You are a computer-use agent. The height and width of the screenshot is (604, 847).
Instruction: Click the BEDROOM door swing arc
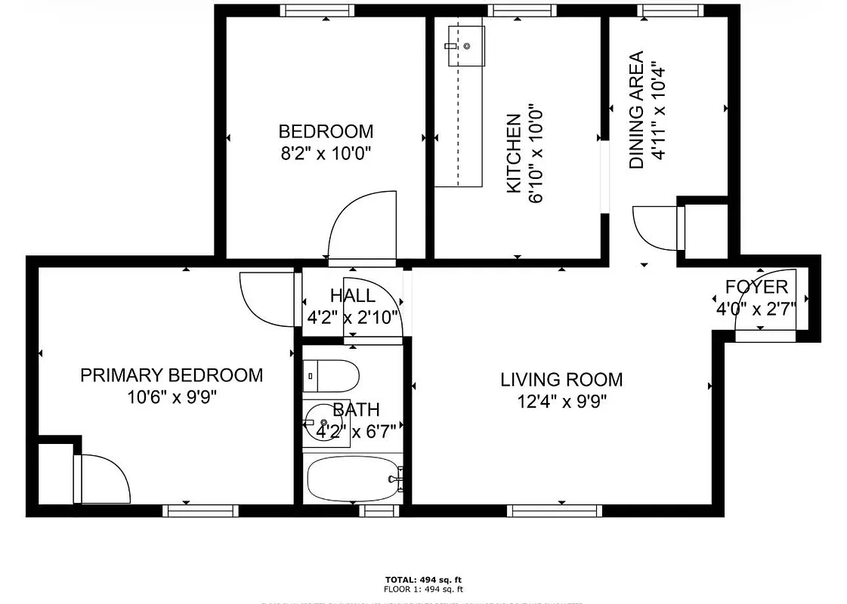[361, 222]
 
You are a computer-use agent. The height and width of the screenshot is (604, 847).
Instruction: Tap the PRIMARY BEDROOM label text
[172, 374]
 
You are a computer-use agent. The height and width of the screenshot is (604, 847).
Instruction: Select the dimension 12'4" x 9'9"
[561, 400]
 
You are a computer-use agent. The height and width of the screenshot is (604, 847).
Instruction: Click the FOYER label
[756, 287]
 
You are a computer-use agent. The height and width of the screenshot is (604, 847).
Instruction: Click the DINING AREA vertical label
[636, 110]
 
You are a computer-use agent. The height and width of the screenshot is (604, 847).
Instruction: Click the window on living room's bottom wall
[555, 511]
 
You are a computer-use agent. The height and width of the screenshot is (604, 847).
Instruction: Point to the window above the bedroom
[317, 11]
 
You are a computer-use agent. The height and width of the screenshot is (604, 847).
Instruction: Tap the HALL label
[352, 295]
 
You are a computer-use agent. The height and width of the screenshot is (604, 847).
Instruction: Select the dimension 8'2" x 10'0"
[326, 153]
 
